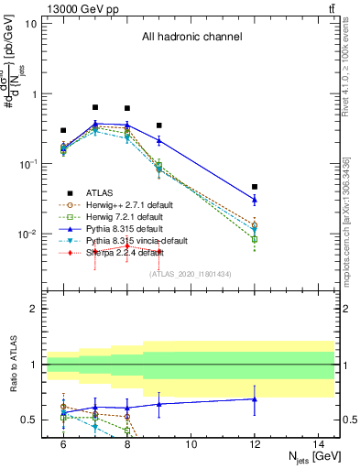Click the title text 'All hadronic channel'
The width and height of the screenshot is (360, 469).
191,37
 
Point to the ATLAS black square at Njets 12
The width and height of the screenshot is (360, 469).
255,187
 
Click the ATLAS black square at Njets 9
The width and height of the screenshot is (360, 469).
158,125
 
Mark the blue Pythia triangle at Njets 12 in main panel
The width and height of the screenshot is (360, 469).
255,199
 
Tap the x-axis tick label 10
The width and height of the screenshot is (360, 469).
191,443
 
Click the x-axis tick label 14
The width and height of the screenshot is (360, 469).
319,443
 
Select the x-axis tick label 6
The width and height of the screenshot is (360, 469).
63,443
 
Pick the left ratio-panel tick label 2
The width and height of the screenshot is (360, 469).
33,310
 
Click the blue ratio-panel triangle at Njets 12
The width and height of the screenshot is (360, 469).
255,398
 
